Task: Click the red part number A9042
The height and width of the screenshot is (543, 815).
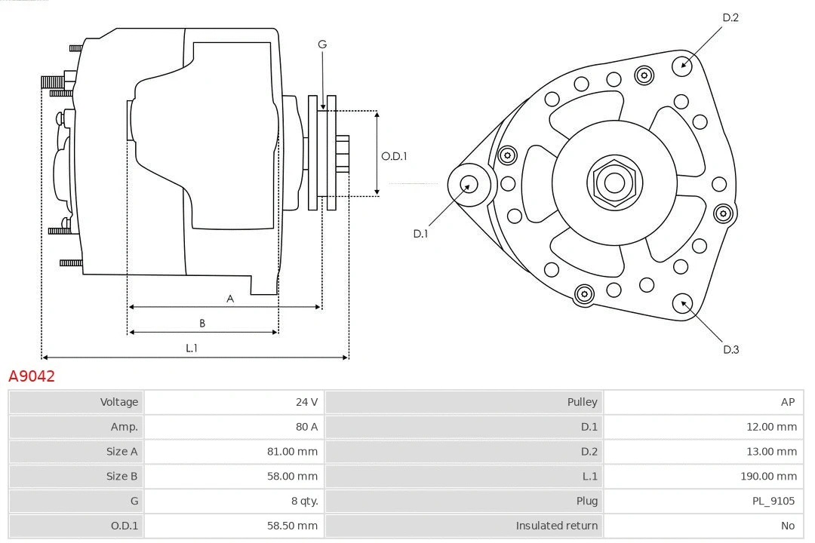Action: click(x=32, y=376)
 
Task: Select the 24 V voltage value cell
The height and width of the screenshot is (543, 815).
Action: click(x=306, y=402)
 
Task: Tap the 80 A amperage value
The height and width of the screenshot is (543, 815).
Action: click(x=306, y=427)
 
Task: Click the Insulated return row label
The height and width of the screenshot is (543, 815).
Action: click(x=556, y=526)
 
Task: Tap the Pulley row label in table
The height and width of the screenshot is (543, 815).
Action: click(x=582, y=402)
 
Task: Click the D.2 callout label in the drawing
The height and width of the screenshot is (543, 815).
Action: click(x=730, y=17)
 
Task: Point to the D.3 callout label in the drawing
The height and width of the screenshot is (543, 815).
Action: click(x=730, y=349)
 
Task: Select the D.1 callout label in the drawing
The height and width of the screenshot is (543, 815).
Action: click(x=420, y=234)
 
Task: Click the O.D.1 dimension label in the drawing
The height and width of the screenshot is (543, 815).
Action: click(x=394, y=156)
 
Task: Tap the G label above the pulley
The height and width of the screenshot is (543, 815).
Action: click(x=322, y=44)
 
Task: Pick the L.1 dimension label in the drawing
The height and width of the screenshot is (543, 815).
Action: click(x=192, y=348)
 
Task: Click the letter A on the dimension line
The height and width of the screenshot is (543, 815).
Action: click(x=230, y=299)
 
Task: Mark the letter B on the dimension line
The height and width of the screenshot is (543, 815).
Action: click(x=202, y=324)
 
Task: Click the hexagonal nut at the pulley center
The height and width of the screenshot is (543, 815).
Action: click(x=614, y=183)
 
